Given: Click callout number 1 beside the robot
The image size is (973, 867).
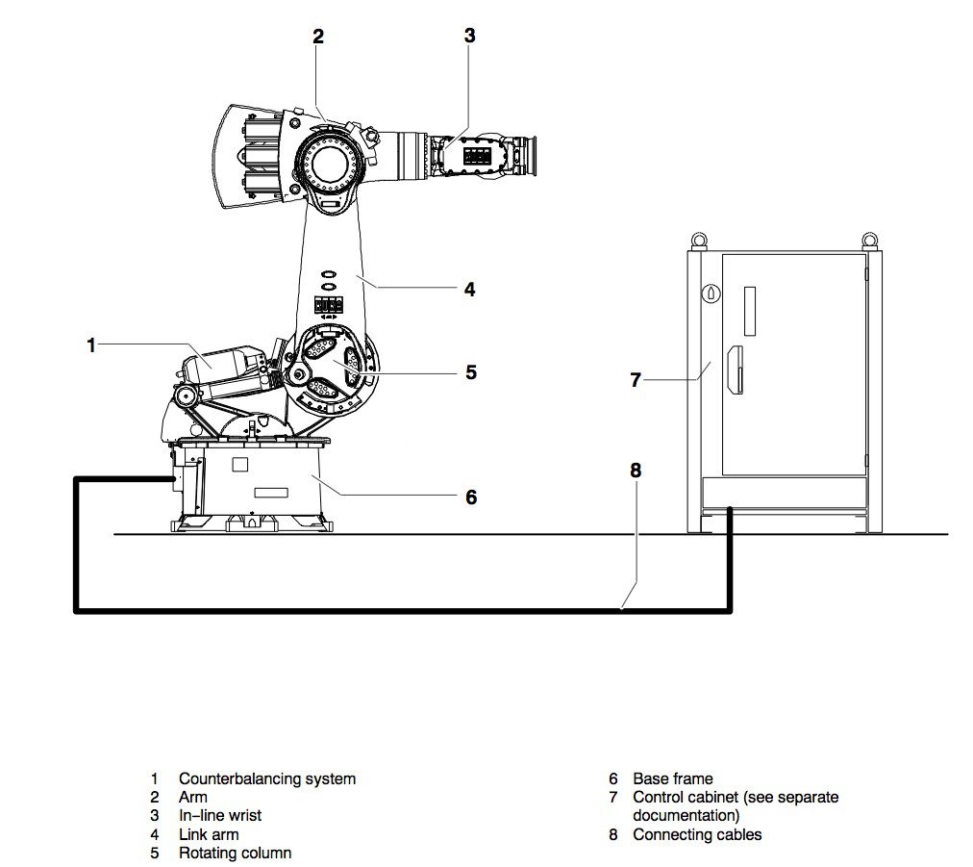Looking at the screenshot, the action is tap(91, 344).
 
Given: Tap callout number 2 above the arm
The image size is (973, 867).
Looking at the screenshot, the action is tap(317, 37).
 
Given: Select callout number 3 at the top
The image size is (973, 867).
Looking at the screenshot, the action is tap(470, 36).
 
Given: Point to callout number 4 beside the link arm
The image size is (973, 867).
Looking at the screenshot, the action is tap(470, 289).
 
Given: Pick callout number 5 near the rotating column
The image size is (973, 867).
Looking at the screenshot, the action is tap(471, 372).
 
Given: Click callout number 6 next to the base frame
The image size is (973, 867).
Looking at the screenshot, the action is tap(471, 497).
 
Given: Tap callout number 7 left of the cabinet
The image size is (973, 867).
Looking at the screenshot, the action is tap(636, 379).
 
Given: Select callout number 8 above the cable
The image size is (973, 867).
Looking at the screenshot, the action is tap(636, 471).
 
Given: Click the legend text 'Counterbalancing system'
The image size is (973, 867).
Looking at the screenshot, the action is tap(267, 778).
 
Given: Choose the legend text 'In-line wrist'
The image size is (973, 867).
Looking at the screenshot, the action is tap(219, 815).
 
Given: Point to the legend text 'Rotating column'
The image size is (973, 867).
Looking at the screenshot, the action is tap(235, 854).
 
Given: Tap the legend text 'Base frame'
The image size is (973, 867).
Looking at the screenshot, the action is tap(673, 778).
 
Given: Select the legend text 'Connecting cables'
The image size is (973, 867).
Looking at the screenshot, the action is tap(697, 834).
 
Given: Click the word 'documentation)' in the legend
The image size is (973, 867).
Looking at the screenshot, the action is tap(686, 815).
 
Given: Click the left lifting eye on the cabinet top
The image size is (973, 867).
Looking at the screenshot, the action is tap(698, 240).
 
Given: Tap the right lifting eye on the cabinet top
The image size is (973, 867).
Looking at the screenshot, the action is tap(870, 240).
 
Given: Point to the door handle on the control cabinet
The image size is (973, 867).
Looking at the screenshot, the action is tap(736, 370).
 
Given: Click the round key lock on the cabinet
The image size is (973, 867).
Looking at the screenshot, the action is tap(711, 293).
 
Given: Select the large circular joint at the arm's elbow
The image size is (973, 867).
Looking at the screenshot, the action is tap(328, 164).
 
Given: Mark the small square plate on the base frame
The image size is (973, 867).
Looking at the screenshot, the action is tap(239, 465).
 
